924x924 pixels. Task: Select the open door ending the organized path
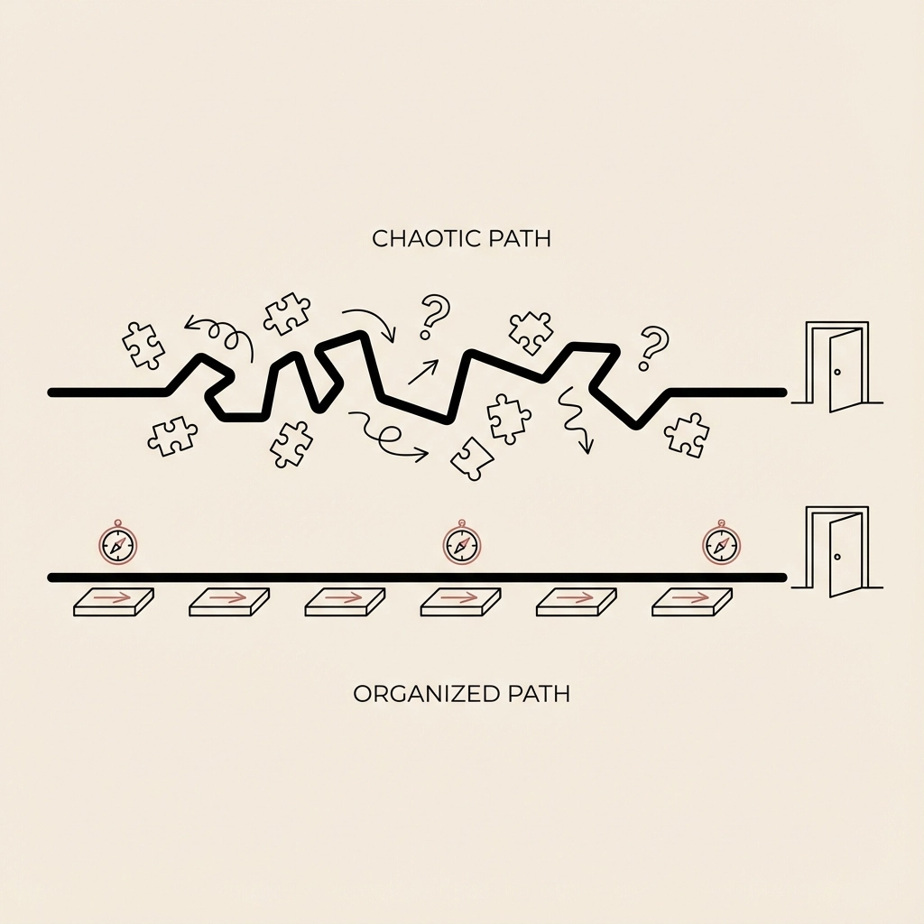[838, 552]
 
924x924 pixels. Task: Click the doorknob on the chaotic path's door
[837, 372]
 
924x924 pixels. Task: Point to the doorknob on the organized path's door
[837, 557]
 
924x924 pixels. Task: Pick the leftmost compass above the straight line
[117, 544]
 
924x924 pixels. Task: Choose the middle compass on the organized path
[461, 545]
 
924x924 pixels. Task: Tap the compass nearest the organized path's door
[720, 544]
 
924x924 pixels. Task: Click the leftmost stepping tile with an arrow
[114, 602]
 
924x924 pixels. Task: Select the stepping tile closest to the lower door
[691, 602]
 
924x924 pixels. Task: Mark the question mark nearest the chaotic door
[651, 348]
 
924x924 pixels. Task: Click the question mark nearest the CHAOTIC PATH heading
[433, 316]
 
